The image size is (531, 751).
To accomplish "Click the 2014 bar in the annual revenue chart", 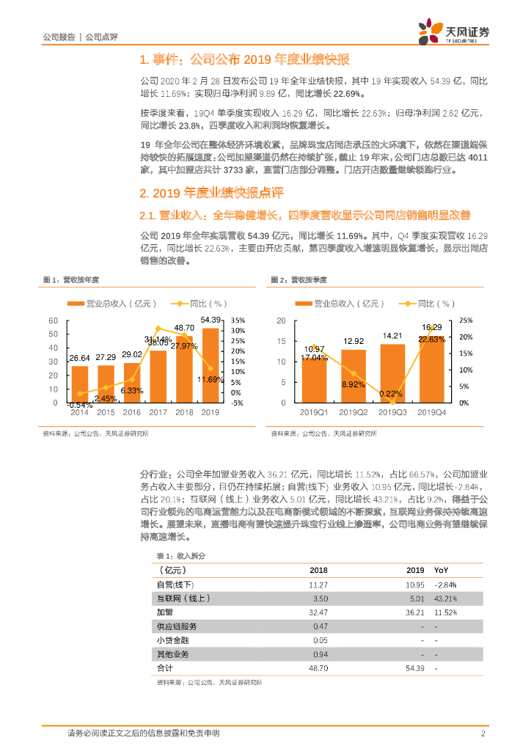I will pos(79,384).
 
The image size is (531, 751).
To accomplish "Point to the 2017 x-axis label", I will pos(158,412).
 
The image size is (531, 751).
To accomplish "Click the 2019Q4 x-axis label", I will pos(433,412).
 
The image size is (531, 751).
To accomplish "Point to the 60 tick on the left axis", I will pos(53,320).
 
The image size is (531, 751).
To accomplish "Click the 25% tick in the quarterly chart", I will pos(466,320).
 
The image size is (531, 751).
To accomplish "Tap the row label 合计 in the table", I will pos(165,668).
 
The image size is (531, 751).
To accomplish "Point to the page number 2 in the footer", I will pos(483,733).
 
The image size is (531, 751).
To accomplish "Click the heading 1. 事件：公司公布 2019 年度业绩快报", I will pos(244,59).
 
